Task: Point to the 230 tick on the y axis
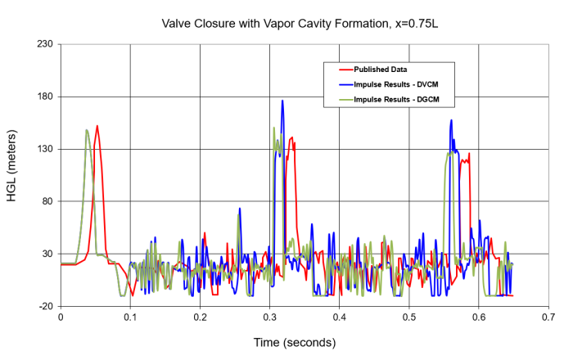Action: pos(45,44)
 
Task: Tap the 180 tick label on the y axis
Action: pos(45,97)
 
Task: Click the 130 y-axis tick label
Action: pos(45,149)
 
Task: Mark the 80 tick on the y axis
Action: pos(47,201)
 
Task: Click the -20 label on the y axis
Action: pos(46,306)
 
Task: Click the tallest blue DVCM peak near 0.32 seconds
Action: pos(282,101)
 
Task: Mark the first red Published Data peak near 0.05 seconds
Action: pos(97,126)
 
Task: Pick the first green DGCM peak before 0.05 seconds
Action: pos(87,129)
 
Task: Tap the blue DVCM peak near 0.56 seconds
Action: pos(451,120)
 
